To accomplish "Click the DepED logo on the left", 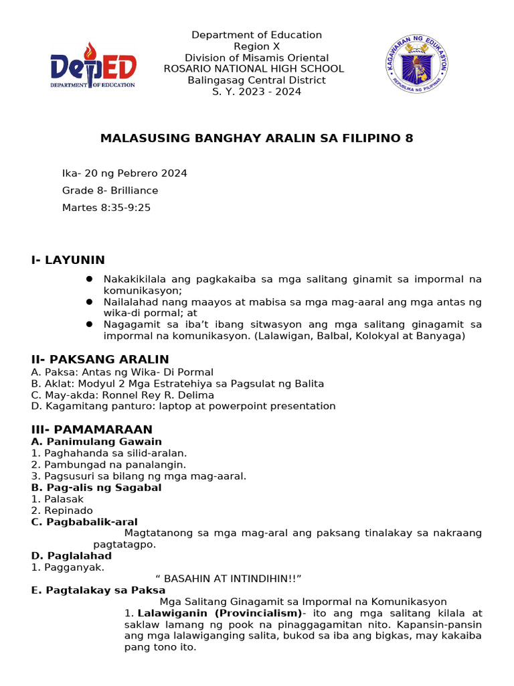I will tap(93, 65).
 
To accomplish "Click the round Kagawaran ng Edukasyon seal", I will tap(417, 64).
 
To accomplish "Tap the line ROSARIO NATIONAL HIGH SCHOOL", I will tap(254, 69).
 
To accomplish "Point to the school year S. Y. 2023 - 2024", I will tap(256, 92).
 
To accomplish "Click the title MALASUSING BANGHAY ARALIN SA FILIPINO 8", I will tap(256, 139).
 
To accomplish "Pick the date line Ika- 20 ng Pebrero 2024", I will tap(124, 174).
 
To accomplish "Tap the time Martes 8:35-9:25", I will tap(106, 208).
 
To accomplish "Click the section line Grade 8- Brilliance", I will tap(110, 190).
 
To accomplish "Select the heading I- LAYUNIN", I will tap(68, 260).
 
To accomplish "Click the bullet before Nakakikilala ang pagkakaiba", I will tap(89, 279).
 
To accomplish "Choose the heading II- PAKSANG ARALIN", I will tap(100, 360).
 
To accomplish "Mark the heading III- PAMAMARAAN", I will tap(92, 429).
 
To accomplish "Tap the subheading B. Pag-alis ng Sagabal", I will tap(96, 488).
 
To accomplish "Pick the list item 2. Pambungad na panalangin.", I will tap(108, 464).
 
